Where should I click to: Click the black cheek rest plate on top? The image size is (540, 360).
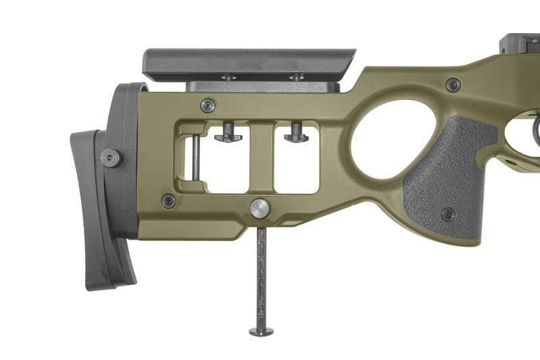tap(248, 62)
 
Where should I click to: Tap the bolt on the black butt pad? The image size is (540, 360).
tap(111, 157)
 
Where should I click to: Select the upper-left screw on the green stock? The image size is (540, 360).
tap(208, 105)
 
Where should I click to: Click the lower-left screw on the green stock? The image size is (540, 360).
tap(168, 201)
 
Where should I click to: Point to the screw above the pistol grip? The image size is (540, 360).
tap(453, 85)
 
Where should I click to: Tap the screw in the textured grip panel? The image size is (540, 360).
tap(448, 215)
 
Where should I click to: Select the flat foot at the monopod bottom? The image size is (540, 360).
tap(261, 331)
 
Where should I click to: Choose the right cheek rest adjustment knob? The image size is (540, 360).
tap(296, 136)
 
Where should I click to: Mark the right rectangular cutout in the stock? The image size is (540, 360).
tap(296, 165)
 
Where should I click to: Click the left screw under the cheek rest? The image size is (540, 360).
tap(228, 78)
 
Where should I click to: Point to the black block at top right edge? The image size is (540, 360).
tap(520, 45)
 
